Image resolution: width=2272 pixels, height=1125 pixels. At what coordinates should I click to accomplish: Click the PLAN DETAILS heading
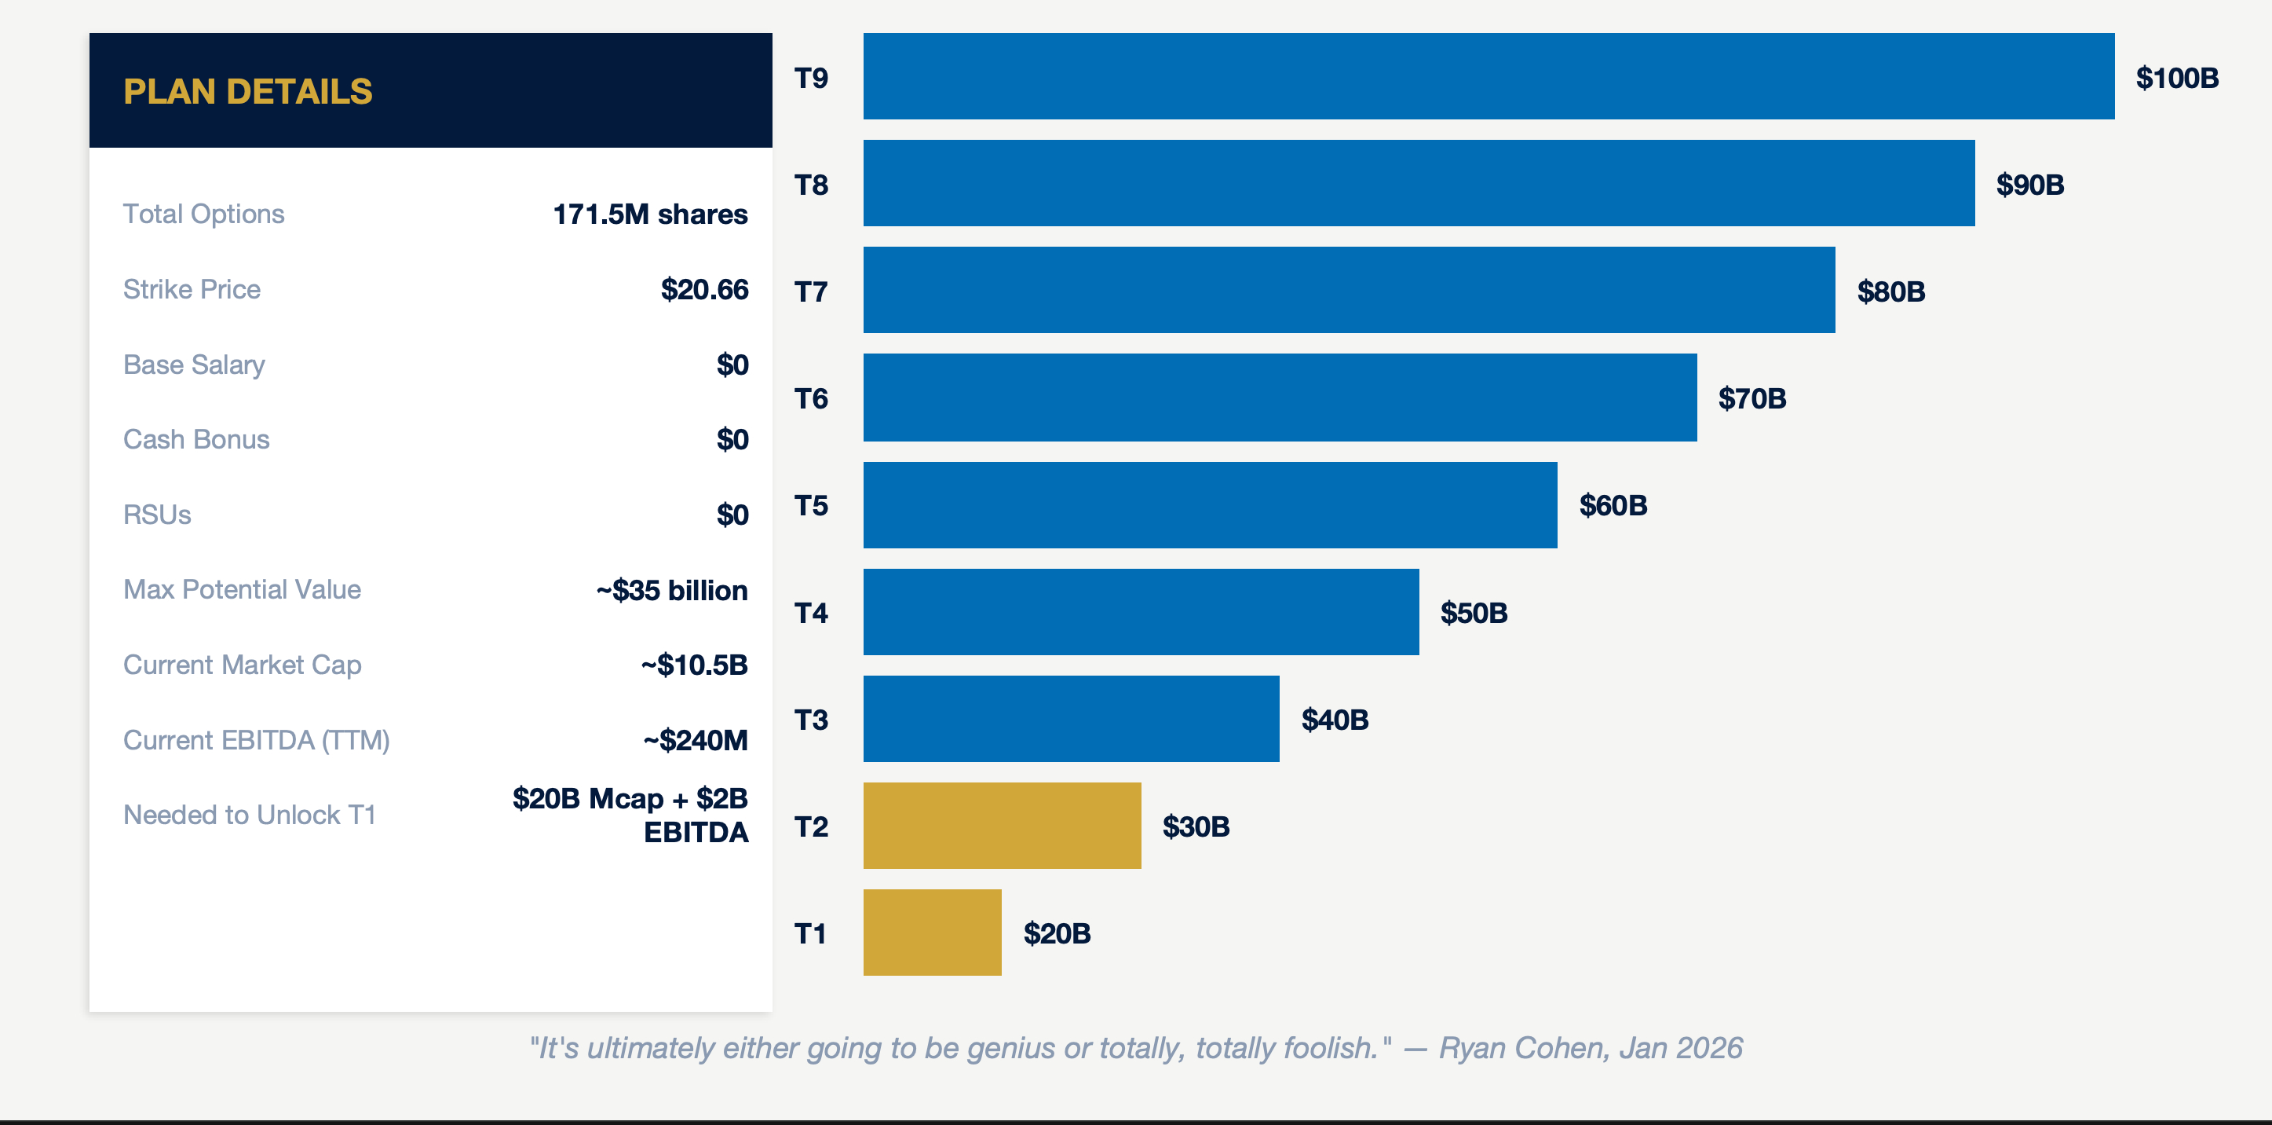(248, 92)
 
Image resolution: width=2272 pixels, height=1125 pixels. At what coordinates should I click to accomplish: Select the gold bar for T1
(931, 933)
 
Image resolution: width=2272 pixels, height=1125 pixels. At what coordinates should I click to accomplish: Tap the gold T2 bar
(1001, 826)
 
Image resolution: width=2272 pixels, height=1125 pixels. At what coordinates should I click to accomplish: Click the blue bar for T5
(1209, 504)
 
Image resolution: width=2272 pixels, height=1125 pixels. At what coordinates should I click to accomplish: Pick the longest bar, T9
(1488, 77)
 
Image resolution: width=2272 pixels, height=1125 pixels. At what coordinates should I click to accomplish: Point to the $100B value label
(2176, 78)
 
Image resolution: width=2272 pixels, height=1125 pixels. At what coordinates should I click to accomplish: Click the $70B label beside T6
(1751, 398)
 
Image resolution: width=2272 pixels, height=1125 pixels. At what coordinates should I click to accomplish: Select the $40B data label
(1335, 719)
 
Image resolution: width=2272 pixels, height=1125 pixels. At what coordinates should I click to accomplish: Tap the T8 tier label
(810, 185)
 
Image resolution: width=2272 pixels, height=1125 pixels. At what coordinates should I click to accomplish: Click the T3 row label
(810, 719)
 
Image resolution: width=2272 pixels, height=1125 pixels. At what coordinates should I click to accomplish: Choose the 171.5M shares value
(650, 214)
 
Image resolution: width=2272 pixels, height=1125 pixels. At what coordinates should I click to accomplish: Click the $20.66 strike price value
(704, 289)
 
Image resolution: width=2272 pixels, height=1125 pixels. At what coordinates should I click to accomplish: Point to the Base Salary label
(194, 365)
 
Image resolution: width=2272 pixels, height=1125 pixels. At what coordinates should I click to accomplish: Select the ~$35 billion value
(671, 589)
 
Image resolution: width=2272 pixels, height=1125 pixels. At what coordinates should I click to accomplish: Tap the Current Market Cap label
(243, 665)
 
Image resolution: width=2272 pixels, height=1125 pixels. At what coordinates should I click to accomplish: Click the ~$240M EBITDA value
(695, 739)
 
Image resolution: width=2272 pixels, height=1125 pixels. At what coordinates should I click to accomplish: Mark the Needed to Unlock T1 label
(250, 815)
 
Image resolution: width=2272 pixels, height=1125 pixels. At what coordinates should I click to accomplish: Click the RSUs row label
(157, 515)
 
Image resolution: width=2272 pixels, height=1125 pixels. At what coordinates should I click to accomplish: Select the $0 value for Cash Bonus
(732, 439)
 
